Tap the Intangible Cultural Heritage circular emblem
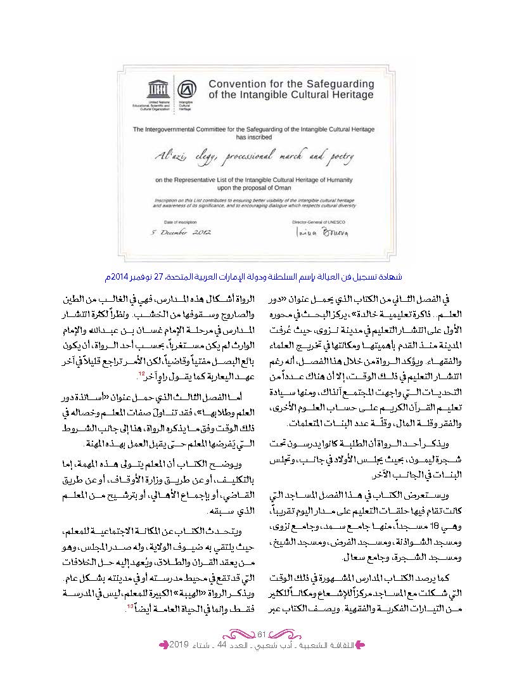pos(186,89)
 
